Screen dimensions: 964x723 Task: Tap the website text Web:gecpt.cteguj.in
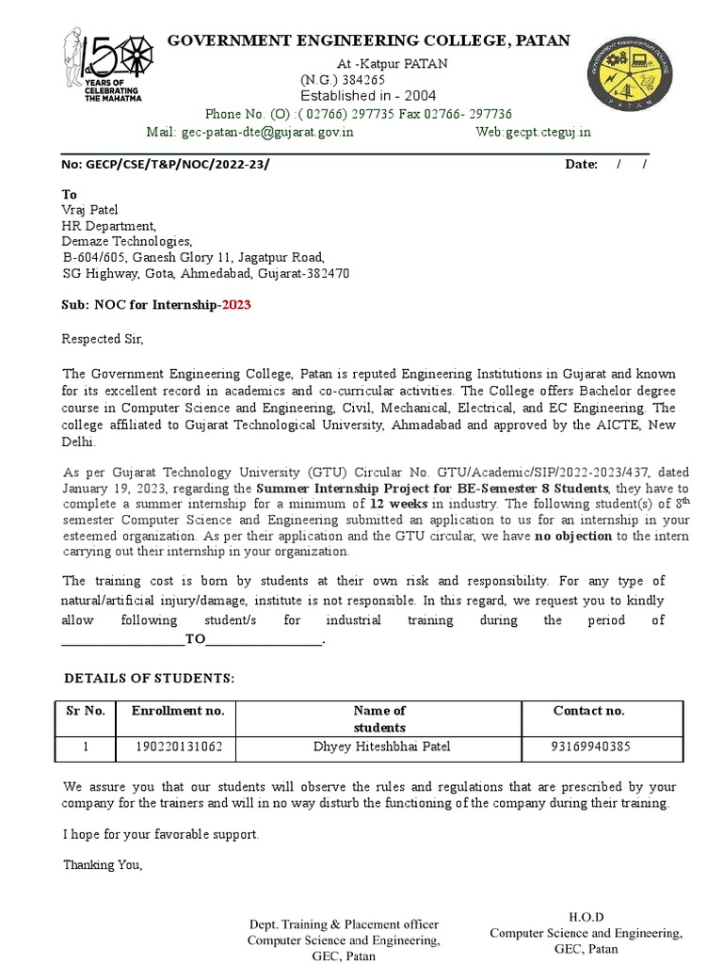click(x=534, y=133)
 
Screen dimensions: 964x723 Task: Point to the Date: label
click(x=581, y=165)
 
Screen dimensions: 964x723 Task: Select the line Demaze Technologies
click(x=126, y=241)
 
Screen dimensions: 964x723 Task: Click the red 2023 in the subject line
click(x=235, y=305)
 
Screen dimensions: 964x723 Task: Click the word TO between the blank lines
click(x=195, y=640)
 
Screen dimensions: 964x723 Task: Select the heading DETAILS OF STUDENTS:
click(x=149, y=679)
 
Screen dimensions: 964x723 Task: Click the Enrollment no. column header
click(x=178, y=711)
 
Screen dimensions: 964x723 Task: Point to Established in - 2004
click(x=368, y=96)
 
